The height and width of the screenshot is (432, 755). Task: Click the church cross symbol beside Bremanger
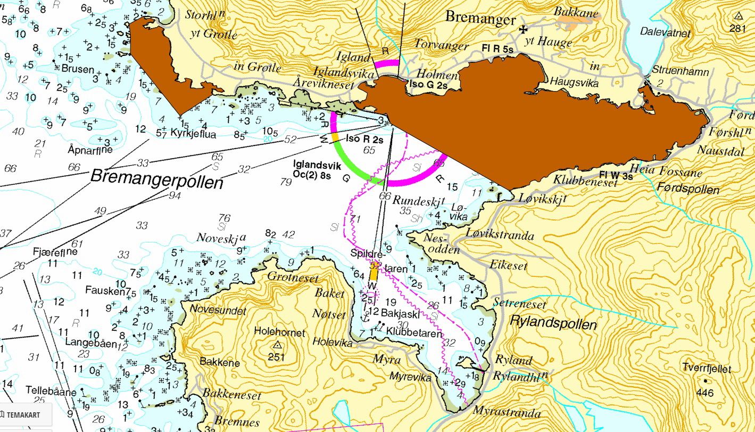pyautogui.click(x=524, y=30)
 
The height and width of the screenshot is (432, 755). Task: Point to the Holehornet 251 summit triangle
pyautogui.click(x=277, y=345)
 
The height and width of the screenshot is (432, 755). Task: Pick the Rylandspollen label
pyautogui.click(x=553, y=324)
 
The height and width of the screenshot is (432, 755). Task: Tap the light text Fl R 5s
pyautogui.click(x=497, y=49)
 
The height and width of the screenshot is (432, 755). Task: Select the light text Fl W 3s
pyautogui.click(x=616, y=175)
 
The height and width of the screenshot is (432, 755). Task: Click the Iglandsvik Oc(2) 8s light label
pyautogui.click(x=317, y=170)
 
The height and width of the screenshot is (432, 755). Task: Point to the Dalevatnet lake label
pyautogui.click(x=665, y=33)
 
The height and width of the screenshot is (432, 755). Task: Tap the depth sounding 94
pyautogui.click(x=174, y=195)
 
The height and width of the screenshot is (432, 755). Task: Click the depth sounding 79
pyautogui.click(x=286, y=183)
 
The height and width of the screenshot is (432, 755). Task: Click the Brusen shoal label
pyautogui.click(x=78, y=69)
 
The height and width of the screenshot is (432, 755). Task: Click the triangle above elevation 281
pyautogui.click(x=738, y=15)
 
